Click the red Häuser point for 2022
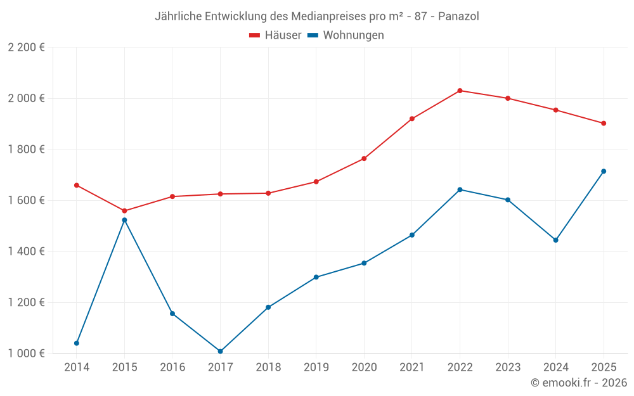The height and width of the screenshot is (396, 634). click(460, 91)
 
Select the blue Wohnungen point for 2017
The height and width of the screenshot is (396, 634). click(220, 351)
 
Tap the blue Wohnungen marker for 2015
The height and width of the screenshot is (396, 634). click(124, 220)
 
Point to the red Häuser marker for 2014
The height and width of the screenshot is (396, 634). click(77, 185)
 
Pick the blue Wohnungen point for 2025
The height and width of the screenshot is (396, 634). click(604, 171)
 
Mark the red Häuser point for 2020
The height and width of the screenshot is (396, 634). click(364, 158)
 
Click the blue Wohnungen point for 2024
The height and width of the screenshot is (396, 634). click(555, 240)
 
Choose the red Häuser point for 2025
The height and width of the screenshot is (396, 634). click(604, 124)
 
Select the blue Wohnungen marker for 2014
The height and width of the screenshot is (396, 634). click(77, 343)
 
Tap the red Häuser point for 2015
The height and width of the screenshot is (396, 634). click(124, 211)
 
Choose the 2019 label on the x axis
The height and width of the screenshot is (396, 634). click(316, 367)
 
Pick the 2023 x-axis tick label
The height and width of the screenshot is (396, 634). click(507, 367)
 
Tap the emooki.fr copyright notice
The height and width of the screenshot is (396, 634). click(578, 383)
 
